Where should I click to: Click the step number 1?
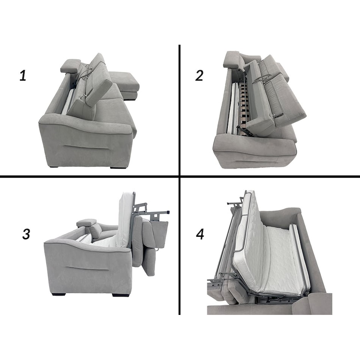[x=23, y=75]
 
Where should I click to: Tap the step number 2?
[x=199, y=75]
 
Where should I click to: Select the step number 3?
[x=26, y=235]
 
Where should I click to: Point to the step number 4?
[x=200, y=235]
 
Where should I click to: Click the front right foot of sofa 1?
[x=118, y=167]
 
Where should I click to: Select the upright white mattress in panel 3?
[x=125, y=219]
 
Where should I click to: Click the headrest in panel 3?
[x=86, y=223]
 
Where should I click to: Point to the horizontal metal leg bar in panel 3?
[x=159, y=212]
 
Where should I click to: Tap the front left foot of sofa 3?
[x=59, y=294]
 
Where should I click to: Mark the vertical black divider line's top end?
[x=179, y=45]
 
